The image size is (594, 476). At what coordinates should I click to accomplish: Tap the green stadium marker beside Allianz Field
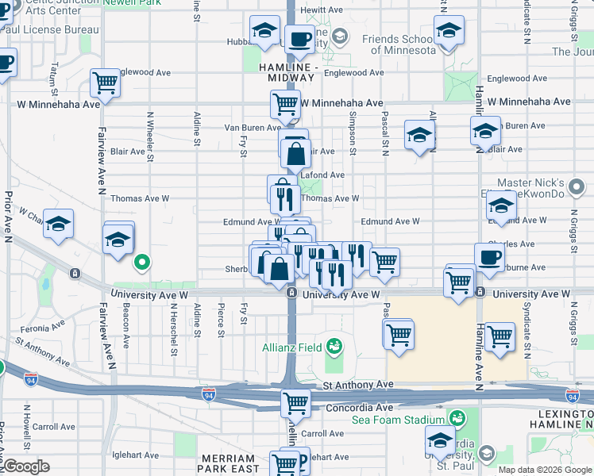click(x=334, y=347)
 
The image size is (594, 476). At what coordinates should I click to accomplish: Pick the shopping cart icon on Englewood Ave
click(x=105, y=81)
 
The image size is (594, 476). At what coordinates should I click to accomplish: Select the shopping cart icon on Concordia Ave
click(x=296, y=403)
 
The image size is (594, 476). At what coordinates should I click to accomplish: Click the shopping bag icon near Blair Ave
click(x=295, y=153)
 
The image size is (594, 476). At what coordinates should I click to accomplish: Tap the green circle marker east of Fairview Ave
click(x=142, y=260)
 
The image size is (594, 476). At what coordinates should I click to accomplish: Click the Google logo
click(x=26, y=466)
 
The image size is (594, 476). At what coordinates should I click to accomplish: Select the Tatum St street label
click(x=53, y=78)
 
